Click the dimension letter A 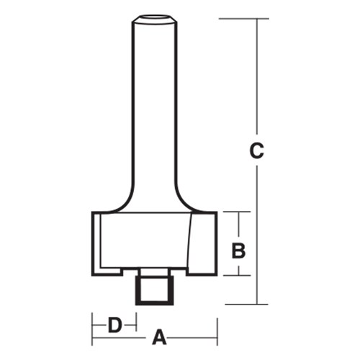pos(160,337)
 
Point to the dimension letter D pos(114,325)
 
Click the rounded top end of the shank pos(153,18)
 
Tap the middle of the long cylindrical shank pos(153,108)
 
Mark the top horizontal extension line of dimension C pos(238,18)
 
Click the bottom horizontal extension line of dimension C pos(238,305)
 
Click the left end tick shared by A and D pos(91,328)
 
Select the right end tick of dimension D pos(136,325)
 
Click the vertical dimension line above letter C pos(257,79)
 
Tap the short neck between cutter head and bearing pos(153,272)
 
